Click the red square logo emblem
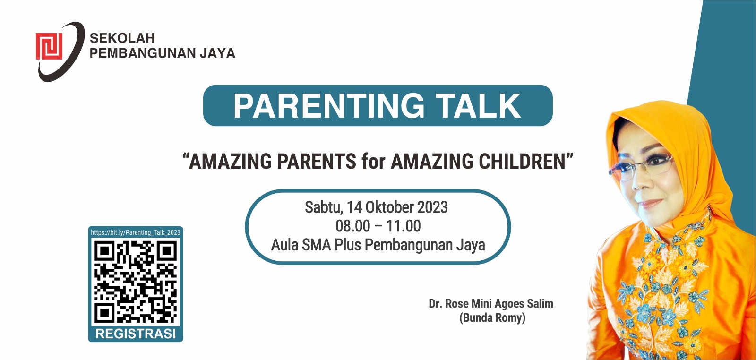tap(49, 46)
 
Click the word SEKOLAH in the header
tap(122, 38)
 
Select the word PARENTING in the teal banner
tap(329, 106)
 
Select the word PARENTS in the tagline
tap(317, 161)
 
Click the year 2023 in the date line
tap(433, 207)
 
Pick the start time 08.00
tap(352, 226)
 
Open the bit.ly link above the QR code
tap(136, 232)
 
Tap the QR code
tap(136, 282)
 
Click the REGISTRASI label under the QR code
tap(136, 334)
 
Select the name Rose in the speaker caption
tap(456, 304)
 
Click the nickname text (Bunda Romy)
tap(492, 318)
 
